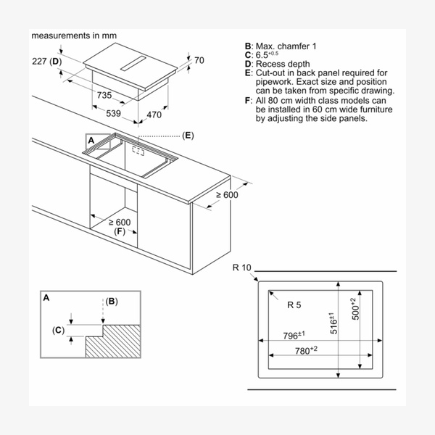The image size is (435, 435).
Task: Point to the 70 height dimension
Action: click(x=200, y=60)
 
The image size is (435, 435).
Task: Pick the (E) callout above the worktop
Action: click(x=188, y=136)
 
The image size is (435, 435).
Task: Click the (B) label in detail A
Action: click(x=111, y=301)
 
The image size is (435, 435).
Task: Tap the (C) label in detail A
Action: click(x=59, y=331)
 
